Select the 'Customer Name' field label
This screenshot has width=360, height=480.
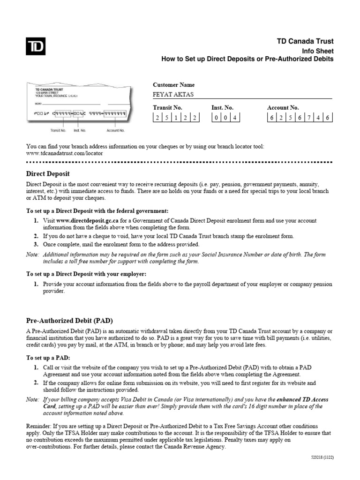(x=173, y=85)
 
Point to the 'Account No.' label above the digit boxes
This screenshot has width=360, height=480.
(x=283, y=108)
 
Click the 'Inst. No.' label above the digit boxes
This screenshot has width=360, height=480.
(x=222, y=108)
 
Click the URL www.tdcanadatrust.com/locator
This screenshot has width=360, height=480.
(x=65, y=153)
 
